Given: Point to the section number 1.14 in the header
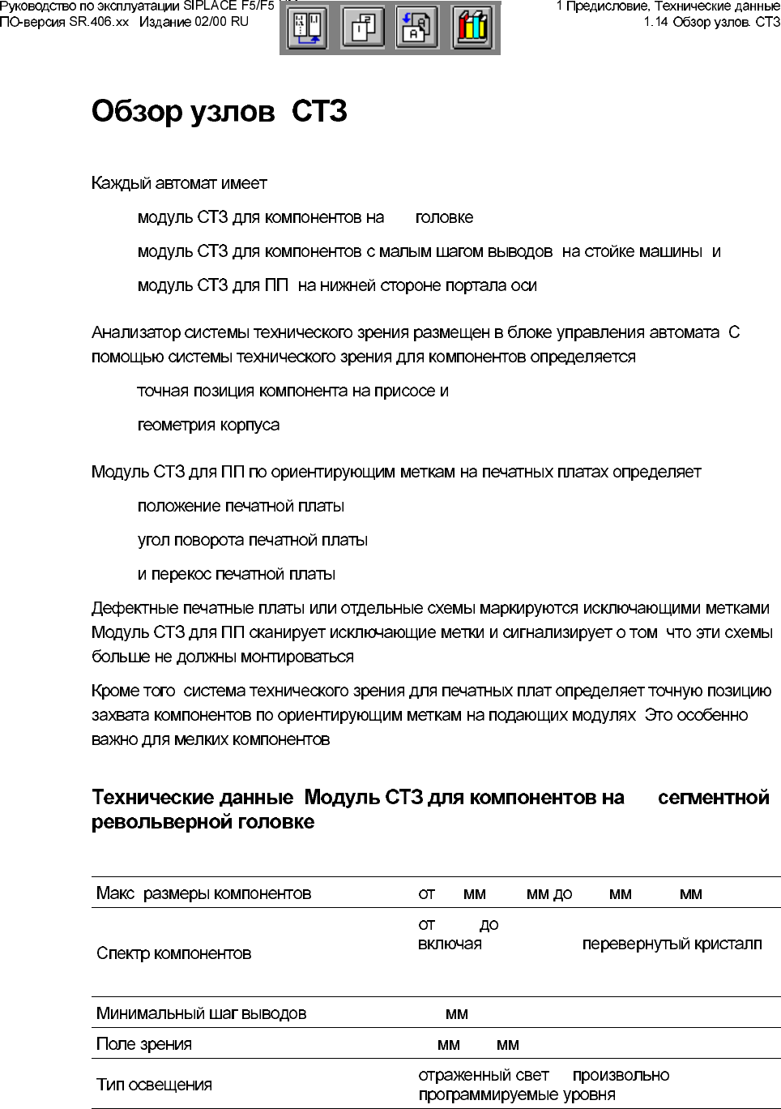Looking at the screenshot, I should (x=656, y=22).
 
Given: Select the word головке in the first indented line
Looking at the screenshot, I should (x=444, y=218).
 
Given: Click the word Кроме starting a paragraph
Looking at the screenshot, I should (x=115, y=692).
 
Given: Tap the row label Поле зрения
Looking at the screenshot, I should (x=143, y=1044).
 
